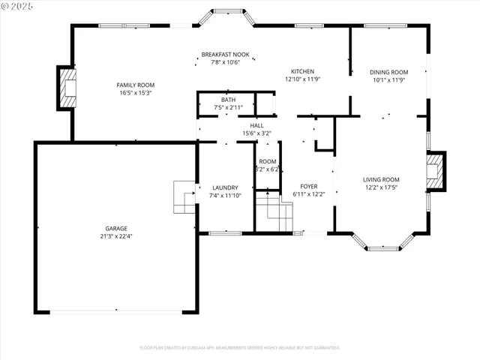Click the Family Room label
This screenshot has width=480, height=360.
[x=135, y=85]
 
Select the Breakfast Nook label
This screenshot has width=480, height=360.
[x=225, y=55]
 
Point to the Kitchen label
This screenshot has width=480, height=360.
[x=302, y=71]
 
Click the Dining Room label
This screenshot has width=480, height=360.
[x=388, y=72]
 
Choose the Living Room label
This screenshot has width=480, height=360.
[x=381, y=179]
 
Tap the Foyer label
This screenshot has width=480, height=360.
[x=309, y=186]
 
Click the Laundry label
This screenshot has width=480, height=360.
[x=225, y=187]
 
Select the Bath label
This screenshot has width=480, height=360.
[x=227, y=100]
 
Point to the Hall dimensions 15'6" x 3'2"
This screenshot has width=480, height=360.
[x=256, y=133]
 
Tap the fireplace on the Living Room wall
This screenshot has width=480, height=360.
[x=436, y=172]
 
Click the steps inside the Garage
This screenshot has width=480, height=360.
[x=184, y=197]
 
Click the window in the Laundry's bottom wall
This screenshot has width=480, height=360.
[x=225, y=233]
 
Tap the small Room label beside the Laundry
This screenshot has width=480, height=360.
[x=267, y=162]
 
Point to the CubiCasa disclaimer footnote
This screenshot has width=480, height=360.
[x=240, y=348]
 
